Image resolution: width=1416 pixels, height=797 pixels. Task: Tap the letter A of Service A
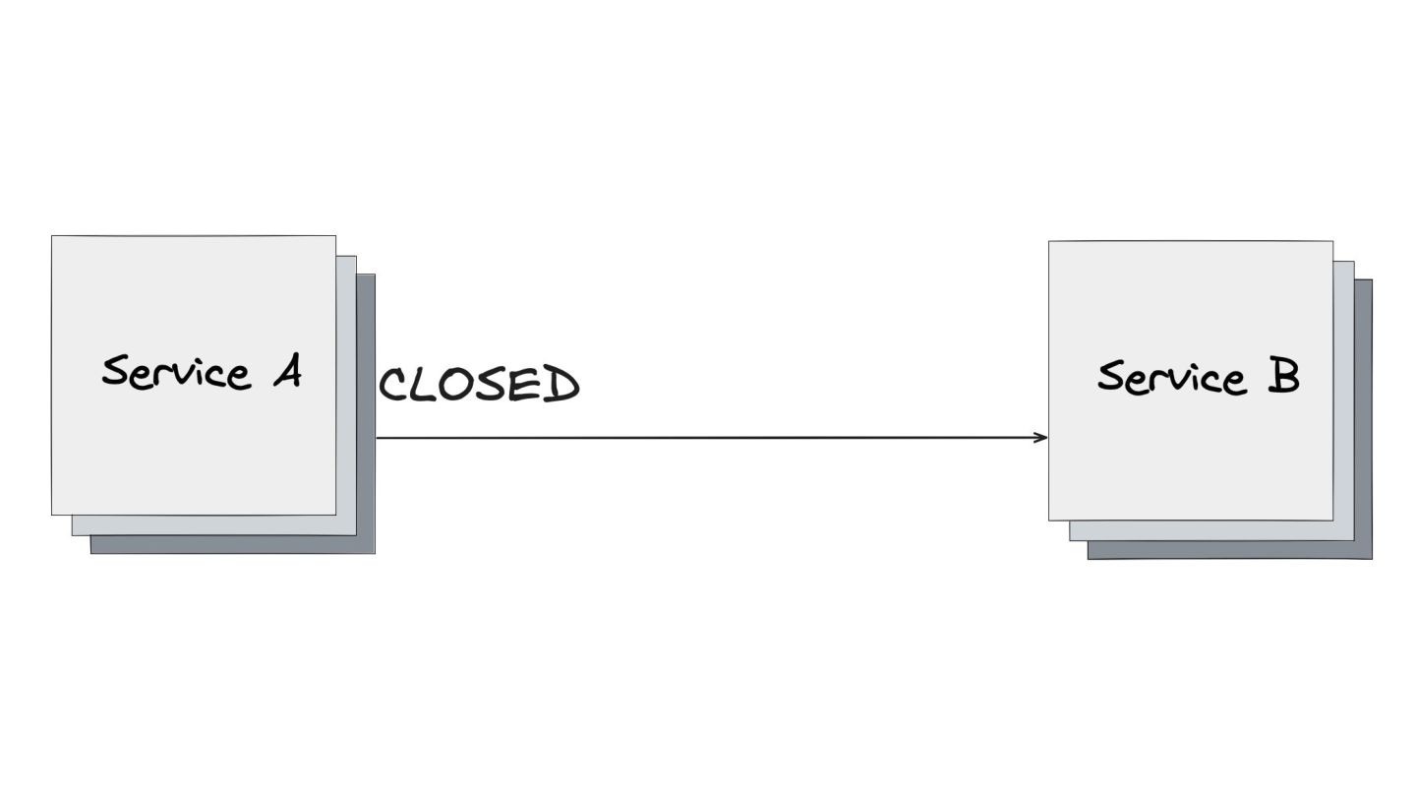pos(286,373)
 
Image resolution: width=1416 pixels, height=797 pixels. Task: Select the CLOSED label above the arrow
pos(479,385)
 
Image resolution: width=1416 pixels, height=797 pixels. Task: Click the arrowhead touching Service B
pos(1042,437)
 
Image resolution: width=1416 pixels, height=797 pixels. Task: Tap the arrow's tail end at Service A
pos(379,437)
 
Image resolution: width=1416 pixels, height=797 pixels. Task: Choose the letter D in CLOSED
pos(562,385)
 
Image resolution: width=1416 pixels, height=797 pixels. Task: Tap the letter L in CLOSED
pos(424,386)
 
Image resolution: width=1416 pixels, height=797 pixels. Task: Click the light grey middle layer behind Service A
pos(346,394)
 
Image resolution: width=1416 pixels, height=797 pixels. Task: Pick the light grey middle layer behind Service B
pos(1343,394)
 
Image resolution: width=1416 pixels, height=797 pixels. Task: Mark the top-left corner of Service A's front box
pos(52,236)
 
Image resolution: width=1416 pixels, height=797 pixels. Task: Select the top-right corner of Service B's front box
pos(1332,242)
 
